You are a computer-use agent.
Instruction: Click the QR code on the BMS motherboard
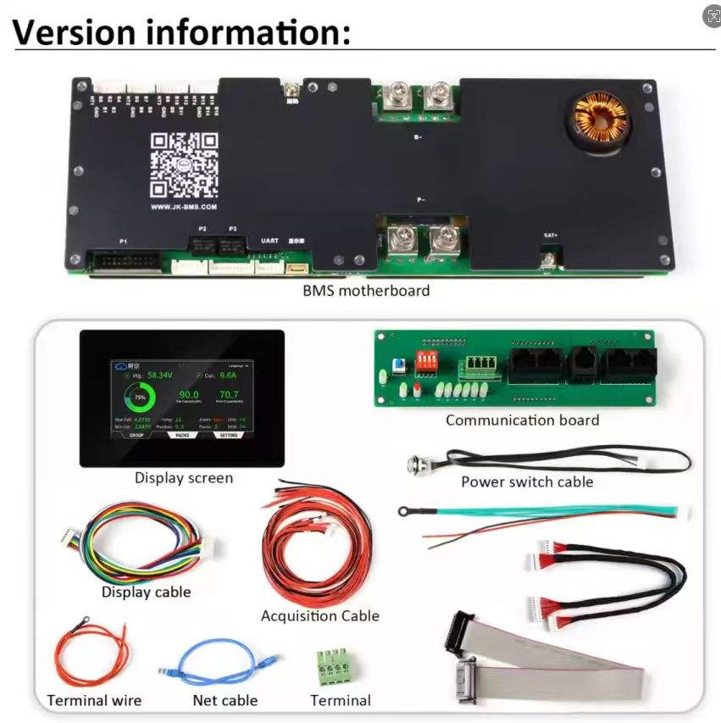point(184,164)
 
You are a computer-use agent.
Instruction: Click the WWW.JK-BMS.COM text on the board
point(183,206)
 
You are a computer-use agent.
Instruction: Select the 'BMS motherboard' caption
point(366,291)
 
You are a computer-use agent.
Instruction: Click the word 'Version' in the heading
point(74,32)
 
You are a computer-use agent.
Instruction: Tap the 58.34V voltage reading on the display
point(159,374)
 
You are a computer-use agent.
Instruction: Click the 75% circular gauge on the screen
point(140,397)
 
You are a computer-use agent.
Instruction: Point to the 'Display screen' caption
point(183,478)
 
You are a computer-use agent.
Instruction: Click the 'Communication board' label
point(522,420)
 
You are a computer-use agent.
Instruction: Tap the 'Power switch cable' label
point(526,481)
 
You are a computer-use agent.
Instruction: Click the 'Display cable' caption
point(146,592)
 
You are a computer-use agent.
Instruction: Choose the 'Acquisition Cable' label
point(319,616)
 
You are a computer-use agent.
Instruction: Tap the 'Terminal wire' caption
point(94,700)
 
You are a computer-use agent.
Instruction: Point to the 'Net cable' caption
point(225,700)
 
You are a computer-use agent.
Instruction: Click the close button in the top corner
point(713,16)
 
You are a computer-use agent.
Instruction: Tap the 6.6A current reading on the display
point(228,374)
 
